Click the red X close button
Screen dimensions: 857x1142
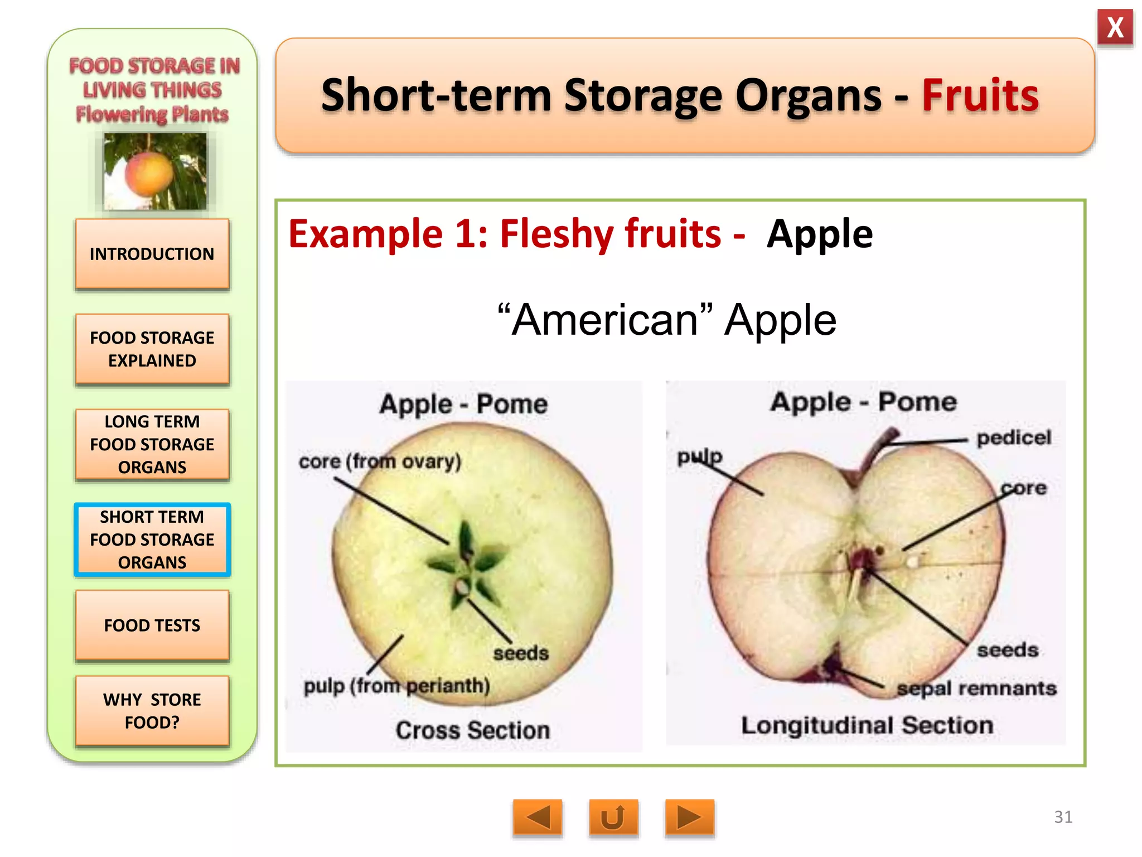[x=1115, y=27]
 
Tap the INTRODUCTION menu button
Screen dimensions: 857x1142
[x=152, y=254]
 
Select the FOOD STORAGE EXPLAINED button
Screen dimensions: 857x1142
[x=152, y=349]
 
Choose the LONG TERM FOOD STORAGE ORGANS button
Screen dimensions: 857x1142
[x=152, y=445]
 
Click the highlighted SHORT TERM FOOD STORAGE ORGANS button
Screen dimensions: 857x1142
[x=152, y=540]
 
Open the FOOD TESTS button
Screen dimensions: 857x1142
[x=152, y=625]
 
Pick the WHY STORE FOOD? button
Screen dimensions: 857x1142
[x=152, y=711]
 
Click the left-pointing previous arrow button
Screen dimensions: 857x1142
[x=538, y=818]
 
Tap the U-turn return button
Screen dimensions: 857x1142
[x=613, y=818]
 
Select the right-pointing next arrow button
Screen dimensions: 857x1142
[x=689, y=818]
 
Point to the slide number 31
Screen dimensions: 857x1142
[x=1063, y=817]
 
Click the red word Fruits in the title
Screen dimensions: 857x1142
[x=980, y=95]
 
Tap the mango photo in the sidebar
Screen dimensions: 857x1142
[x=155, y=171]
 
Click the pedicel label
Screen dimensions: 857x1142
[x=1013, y=438]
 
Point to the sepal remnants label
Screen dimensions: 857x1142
[x=976, y=689]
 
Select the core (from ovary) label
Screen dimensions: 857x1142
[x=380, y=461]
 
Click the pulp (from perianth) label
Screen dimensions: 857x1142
[x=396, y=686]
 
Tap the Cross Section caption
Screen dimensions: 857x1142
[x=472, y=730]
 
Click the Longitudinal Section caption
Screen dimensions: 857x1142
[x=867, y=725]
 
